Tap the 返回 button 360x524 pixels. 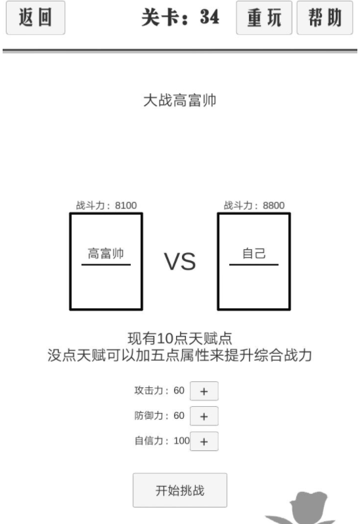pyautogui.click(x=35, y=18)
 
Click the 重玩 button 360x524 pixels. pyautogui.click(x=264, y=18)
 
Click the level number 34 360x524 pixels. pyautogui.click(x=210, y=16)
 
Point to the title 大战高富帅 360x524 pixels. pyautogui.click(x=179, y=100)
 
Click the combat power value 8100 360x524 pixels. pyautogui.click(x=126, y=205)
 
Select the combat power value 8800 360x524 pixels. pyautogui.click(x=273, y=205)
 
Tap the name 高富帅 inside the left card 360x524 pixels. pyautogui.click(x=106, y=253)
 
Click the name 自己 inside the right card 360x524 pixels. pyautogui.click(x=254, y=253)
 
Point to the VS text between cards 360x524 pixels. pyautogui.click(x=179, y=261)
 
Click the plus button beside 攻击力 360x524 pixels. pyautogui.click(x=204, y=391)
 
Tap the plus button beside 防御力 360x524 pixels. pyautogui.click(x=204, y=416)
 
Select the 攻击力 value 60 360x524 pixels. pyautogui.click(x=179, y=391)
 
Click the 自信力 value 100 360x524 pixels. pyautogui.click(x=182, y=441)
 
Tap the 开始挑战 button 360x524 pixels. pyautogui.click(x=180, y=490)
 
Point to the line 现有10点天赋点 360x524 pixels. pyautogui.click(x=179, y=339)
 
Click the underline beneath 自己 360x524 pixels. pyautogui.click(x=254, y=265)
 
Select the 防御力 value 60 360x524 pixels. pyautogui.click(x=179, y=416)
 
